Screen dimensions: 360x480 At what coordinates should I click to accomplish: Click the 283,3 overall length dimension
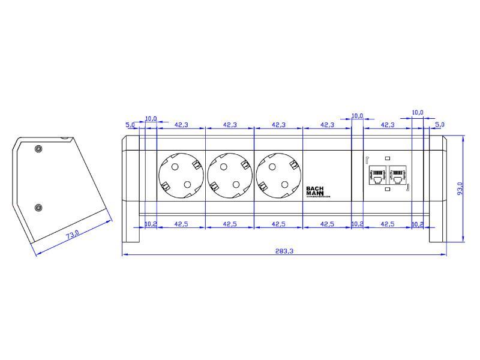[x=284, y=251]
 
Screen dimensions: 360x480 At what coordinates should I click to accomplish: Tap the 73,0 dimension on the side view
[x=72, y=235]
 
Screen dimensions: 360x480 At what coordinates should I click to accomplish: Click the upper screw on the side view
[x=38, y=149]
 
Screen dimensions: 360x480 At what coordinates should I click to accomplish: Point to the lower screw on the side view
[x=38, y=208]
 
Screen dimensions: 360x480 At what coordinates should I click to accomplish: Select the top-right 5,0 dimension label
[x=439, y=124]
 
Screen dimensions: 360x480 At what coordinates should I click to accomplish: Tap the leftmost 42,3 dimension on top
[x=181, y=125]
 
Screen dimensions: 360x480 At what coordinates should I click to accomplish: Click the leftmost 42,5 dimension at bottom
[x=181, y=224]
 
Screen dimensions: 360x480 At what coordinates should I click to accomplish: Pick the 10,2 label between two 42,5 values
[x=357, y=224]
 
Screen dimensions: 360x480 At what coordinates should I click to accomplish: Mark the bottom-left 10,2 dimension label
[x=151, y=224]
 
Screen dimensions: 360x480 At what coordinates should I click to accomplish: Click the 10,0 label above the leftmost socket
[x=151, y=118]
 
